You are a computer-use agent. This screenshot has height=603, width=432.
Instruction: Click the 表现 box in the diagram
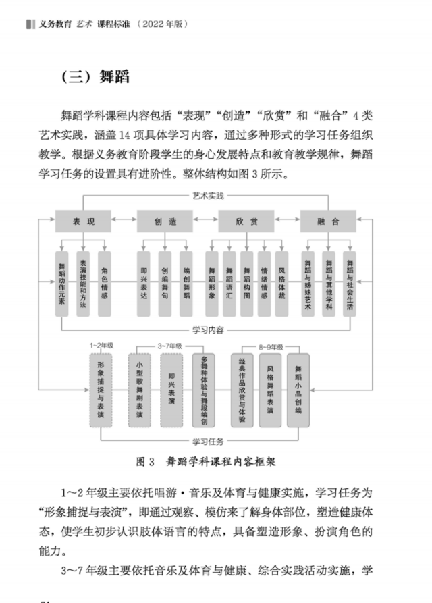(83, 221)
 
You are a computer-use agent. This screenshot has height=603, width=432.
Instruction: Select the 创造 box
(165, 221)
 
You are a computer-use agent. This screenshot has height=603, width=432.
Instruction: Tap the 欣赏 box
(246, 221)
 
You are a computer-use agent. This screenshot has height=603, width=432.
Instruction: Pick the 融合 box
(328, 221)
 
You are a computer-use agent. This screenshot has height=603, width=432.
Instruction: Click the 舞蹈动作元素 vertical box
(62, 284)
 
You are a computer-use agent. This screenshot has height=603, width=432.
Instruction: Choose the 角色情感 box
(104, 284)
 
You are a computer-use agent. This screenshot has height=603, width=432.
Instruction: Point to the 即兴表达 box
(144, 284)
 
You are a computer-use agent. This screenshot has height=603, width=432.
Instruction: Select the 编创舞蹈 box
(186, 284)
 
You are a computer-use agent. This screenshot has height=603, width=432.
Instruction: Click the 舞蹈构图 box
(247, 284)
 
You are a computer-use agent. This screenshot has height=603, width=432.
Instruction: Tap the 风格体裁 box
(281, 284)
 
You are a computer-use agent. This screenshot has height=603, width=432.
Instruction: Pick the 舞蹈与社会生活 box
(350, 284)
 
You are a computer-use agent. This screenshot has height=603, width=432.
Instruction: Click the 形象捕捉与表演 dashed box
(101, 390)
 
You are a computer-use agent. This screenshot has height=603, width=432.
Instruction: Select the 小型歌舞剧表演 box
(140, 390)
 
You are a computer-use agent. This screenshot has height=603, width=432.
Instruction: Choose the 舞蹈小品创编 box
(298, 390)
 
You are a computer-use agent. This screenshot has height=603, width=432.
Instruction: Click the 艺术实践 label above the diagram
(208, 196)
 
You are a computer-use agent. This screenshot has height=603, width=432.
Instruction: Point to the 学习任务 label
(208, 442)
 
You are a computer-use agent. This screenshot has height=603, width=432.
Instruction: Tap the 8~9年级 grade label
(271, 347)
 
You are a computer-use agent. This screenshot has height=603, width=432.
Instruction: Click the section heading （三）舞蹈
(96, 76)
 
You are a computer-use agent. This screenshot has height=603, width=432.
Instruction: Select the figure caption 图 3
(145, 461)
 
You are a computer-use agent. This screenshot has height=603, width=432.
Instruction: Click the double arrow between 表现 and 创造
(124, 219)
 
